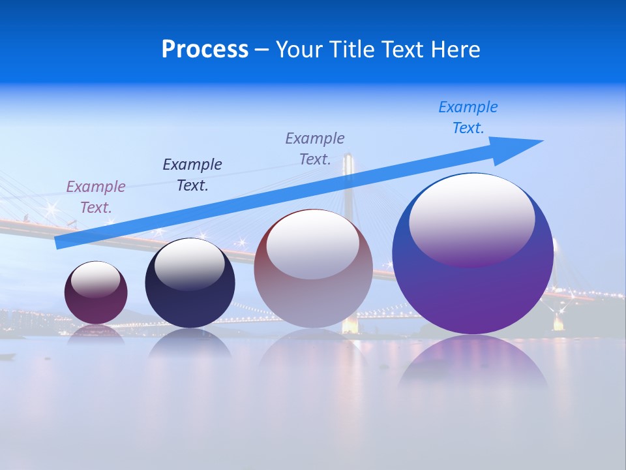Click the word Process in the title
click(205, 50)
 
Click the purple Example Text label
click(96, 197)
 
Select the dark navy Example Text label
click(192, 175)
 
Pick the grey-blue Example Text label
click(315, 148)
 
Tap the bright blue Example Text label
click(468, 117)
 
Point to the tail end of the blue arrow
click(59, 243)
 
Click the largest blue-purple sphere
click(473, 294)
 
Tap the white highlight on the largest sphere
click(471, 219)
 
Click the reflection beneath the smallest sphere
click(96, 333)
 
